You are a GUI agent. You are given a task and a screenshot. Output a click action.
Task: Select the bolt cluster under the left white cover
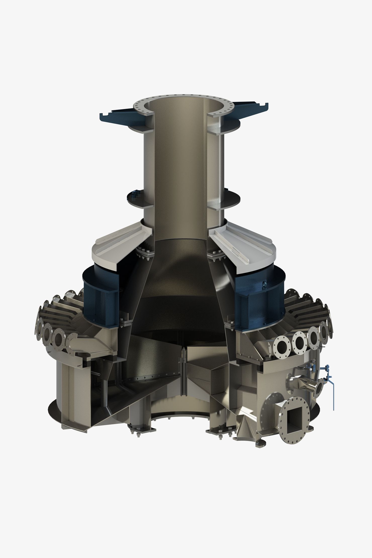tap(144, 254)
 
